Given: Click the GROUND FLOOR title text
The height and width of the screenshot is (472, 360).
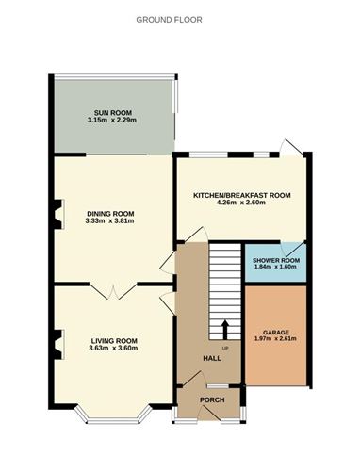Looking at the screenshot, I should coord(169,19).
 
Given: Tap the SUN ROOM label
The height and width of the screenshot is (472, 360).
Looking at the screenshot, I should coord(112,111).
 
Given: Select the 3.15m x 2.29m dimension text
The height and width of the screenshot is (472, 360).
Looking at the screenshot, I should coord(112,120).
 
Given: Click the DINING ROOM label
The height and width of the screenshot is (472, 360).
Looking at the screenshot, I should coord(112,214).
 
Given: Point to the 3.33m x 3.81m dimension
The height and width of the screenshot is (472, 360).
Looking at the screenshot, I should coord(112,223).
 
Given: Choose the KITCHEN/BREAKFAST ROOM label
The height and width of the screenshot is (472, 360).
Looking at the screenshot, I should coord(241,195).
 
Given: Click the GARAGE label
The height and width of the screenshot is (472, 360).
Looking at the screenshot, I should coord(275,332).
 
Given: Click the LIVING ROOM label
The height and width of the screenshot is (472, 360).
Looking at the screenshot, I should coord(114,340).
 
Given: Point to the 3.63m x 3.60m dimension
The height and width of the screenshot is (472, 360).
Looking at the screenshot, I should coord(114,349).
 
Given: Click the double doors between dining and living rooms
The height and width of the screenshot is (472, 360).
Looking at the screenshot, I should coord(114,290).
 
